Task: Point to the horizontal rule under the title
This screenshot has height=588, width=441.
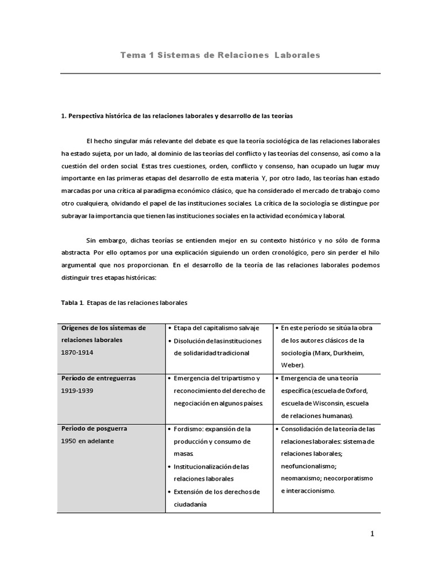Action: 220,73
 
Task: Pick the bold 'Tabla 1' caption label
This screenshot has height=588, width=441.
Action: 72,301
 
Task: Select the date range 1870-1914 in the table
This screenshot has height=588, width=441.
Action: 79,353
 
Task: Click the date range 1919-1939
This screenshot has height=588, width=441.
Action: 79,390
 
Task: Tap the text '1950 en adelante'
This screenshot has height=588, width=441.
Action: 87,441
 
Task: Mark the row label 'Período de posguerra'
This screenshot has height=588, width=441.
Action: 94,429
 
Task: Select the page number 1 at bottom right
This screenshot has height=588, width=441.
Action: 372,533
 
